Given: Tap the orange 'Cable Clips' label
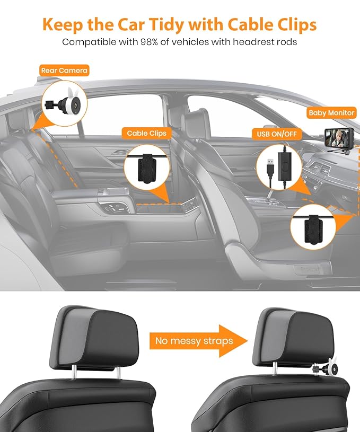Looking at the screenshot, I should point(146,134).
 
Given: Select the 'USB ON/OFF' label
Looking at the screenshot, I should point(276,135).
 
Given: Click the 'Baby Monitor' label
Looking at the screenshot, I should point(332,113).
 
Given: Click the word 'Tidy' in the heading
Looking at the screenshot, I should point(158,25).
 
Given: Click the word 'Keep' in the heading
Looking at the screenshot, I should point(63,25).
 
